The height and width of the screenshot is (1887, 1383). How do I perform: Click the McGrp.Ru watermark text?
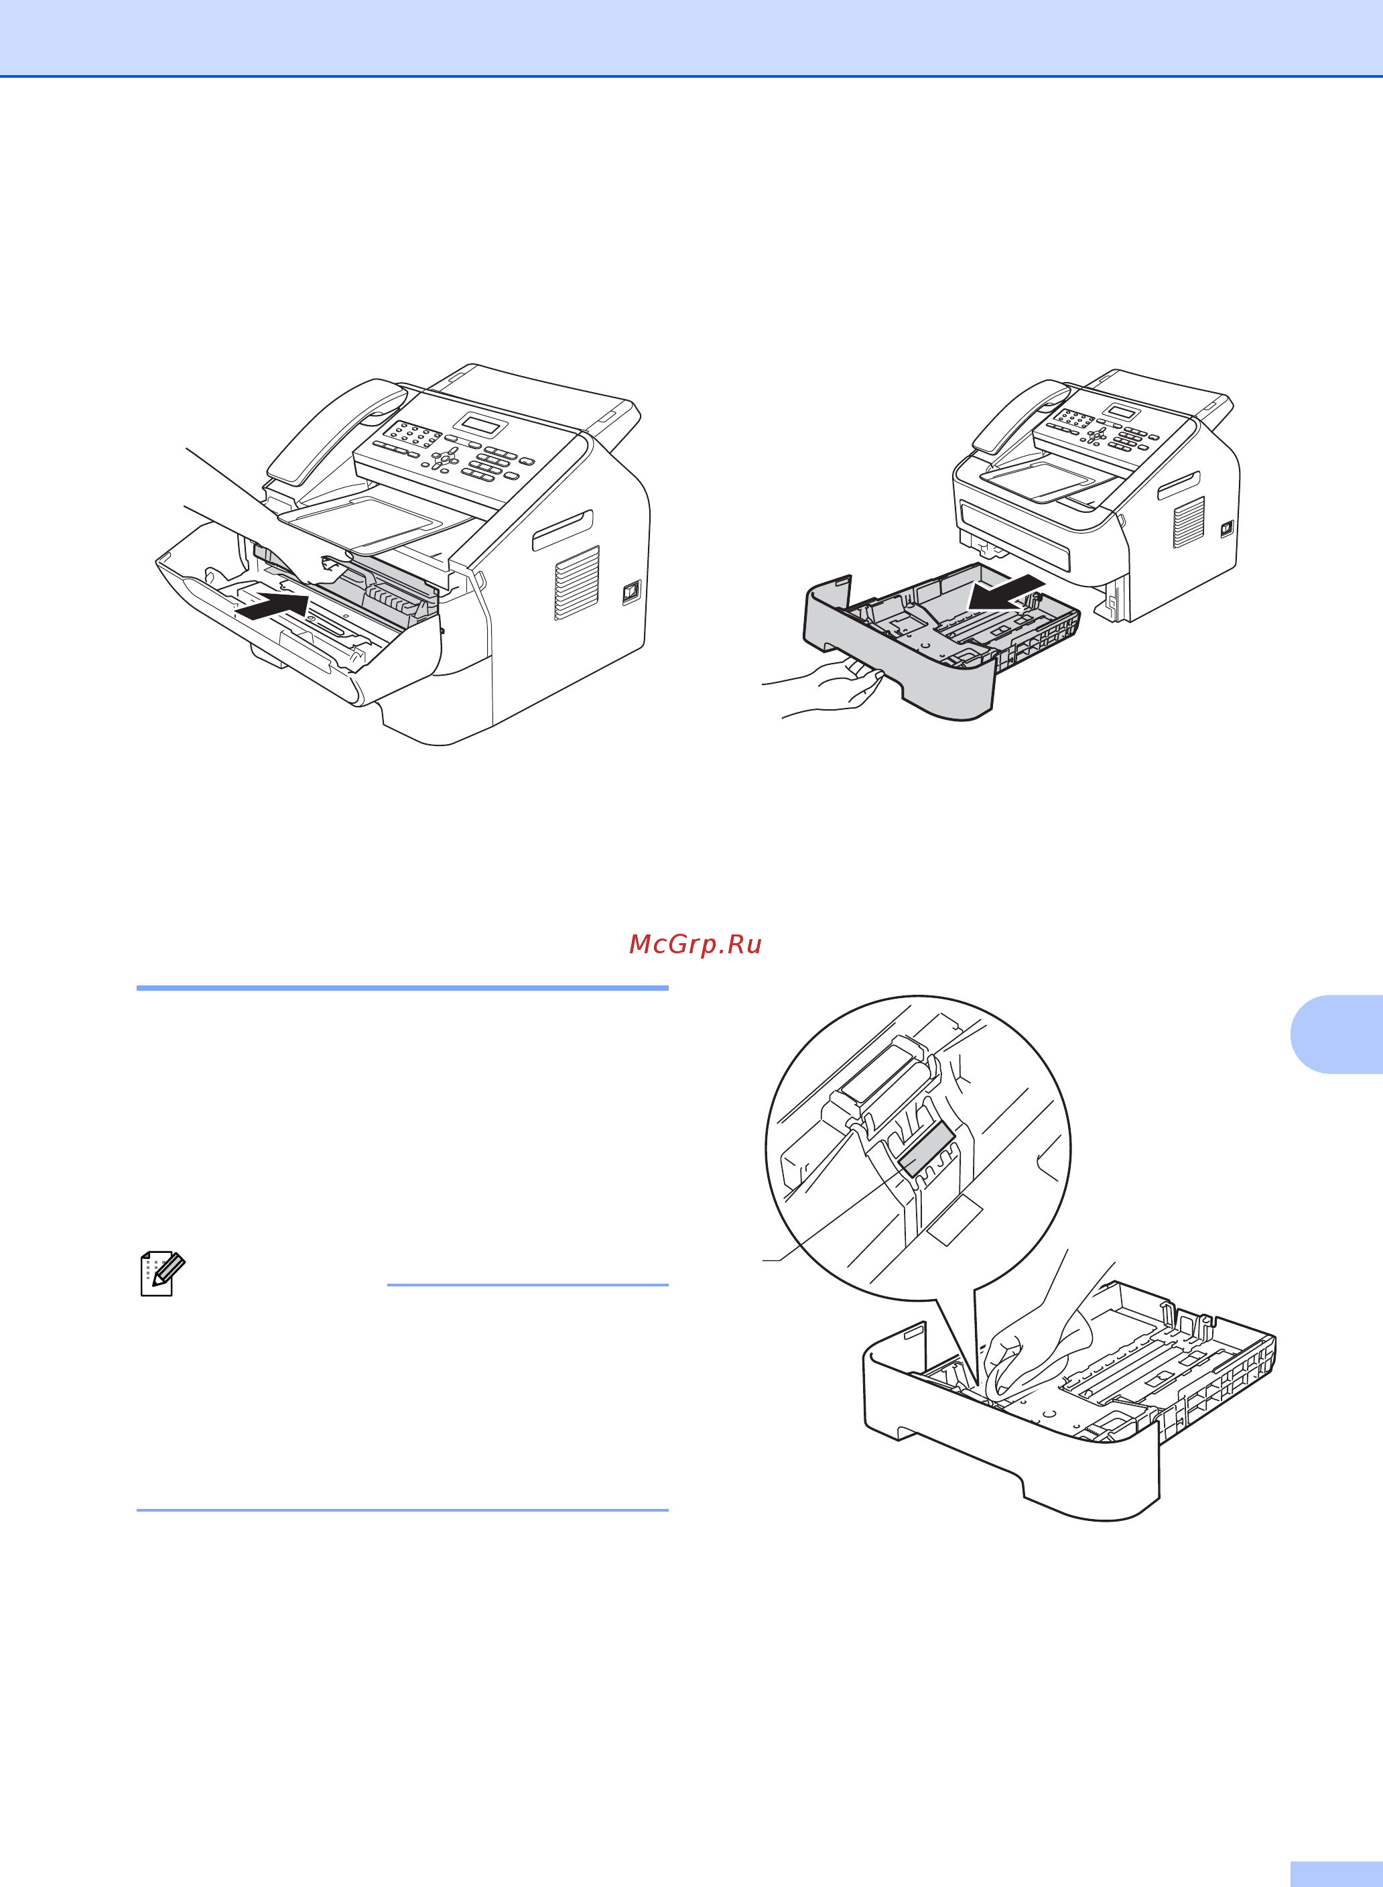point(695,944)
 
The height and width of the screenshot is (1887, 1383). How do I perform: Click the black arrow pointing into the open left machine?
point(272,607)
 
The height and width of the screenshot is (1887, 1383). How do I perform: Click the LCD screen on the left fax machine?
point(483,424)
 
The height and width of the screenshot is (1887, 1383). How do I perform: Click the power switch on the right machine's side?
point(1226,530)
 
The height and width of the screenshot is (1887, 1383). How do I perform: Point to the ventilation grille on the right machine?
point(1188,521)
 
